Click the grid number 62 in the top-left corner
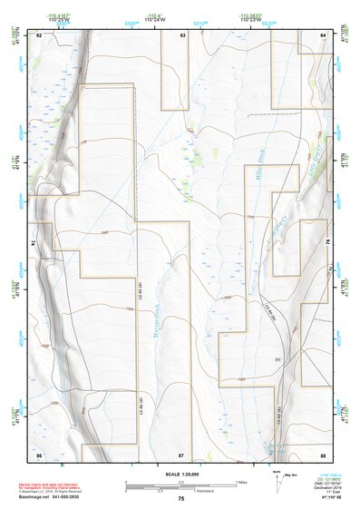39,34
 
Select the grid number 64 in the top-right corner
323,34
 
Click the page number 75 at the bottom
181,500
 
